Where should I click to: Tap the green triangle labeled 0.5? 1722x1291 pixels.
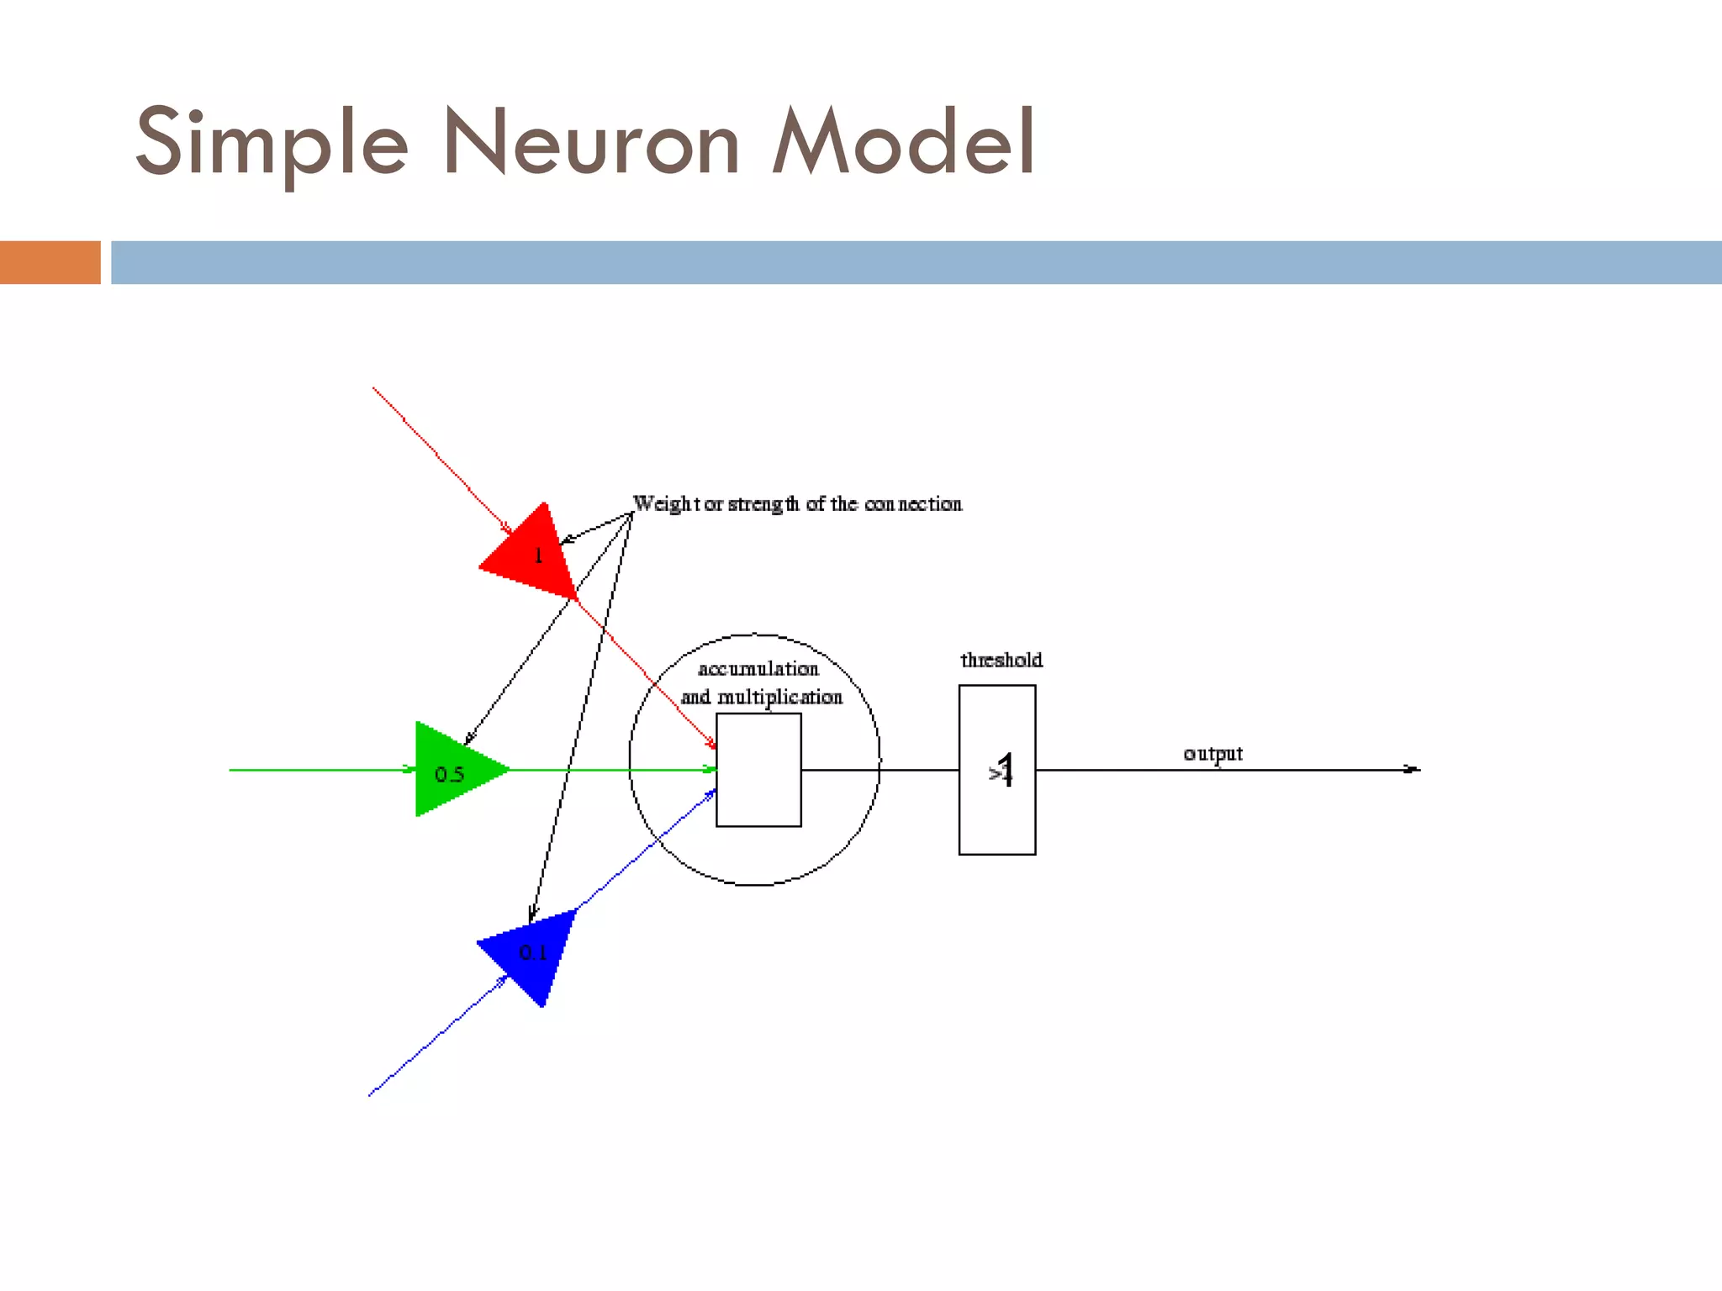point(454,769)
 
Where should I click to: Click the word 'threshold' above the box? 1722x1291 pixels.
point(1001,661)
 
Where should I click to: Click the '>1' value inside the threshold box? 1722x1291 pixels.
point(1001,770)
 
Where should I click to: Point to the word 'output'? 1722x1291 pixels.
point(1212,753)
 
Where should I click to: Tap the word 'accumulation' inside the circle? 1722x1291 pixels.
point(758,669)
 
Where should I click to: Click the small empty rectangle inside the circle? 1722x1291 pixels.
point(758,770)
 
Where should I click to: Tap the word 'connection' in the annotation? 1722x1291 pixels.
point(913,503)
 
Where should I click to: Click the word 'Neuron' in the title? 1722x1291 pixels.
point(590,143)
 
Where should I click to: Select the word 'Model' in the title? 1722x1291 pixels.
point(903,143)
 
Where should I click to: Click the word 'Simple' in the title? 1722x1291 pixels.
point(272,143)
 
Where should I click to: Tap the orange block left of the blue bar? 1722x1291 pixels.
point(50,262)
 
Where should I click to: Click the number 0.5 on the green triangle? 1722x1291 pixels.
point(449,774)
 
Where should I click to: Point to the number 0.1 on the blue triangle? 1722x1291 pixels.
point(532,952)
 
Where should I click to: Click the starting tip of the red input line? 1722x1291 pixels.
point(374,389)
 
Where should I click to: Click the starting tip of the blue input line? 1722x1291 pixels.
point(370,1094)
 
